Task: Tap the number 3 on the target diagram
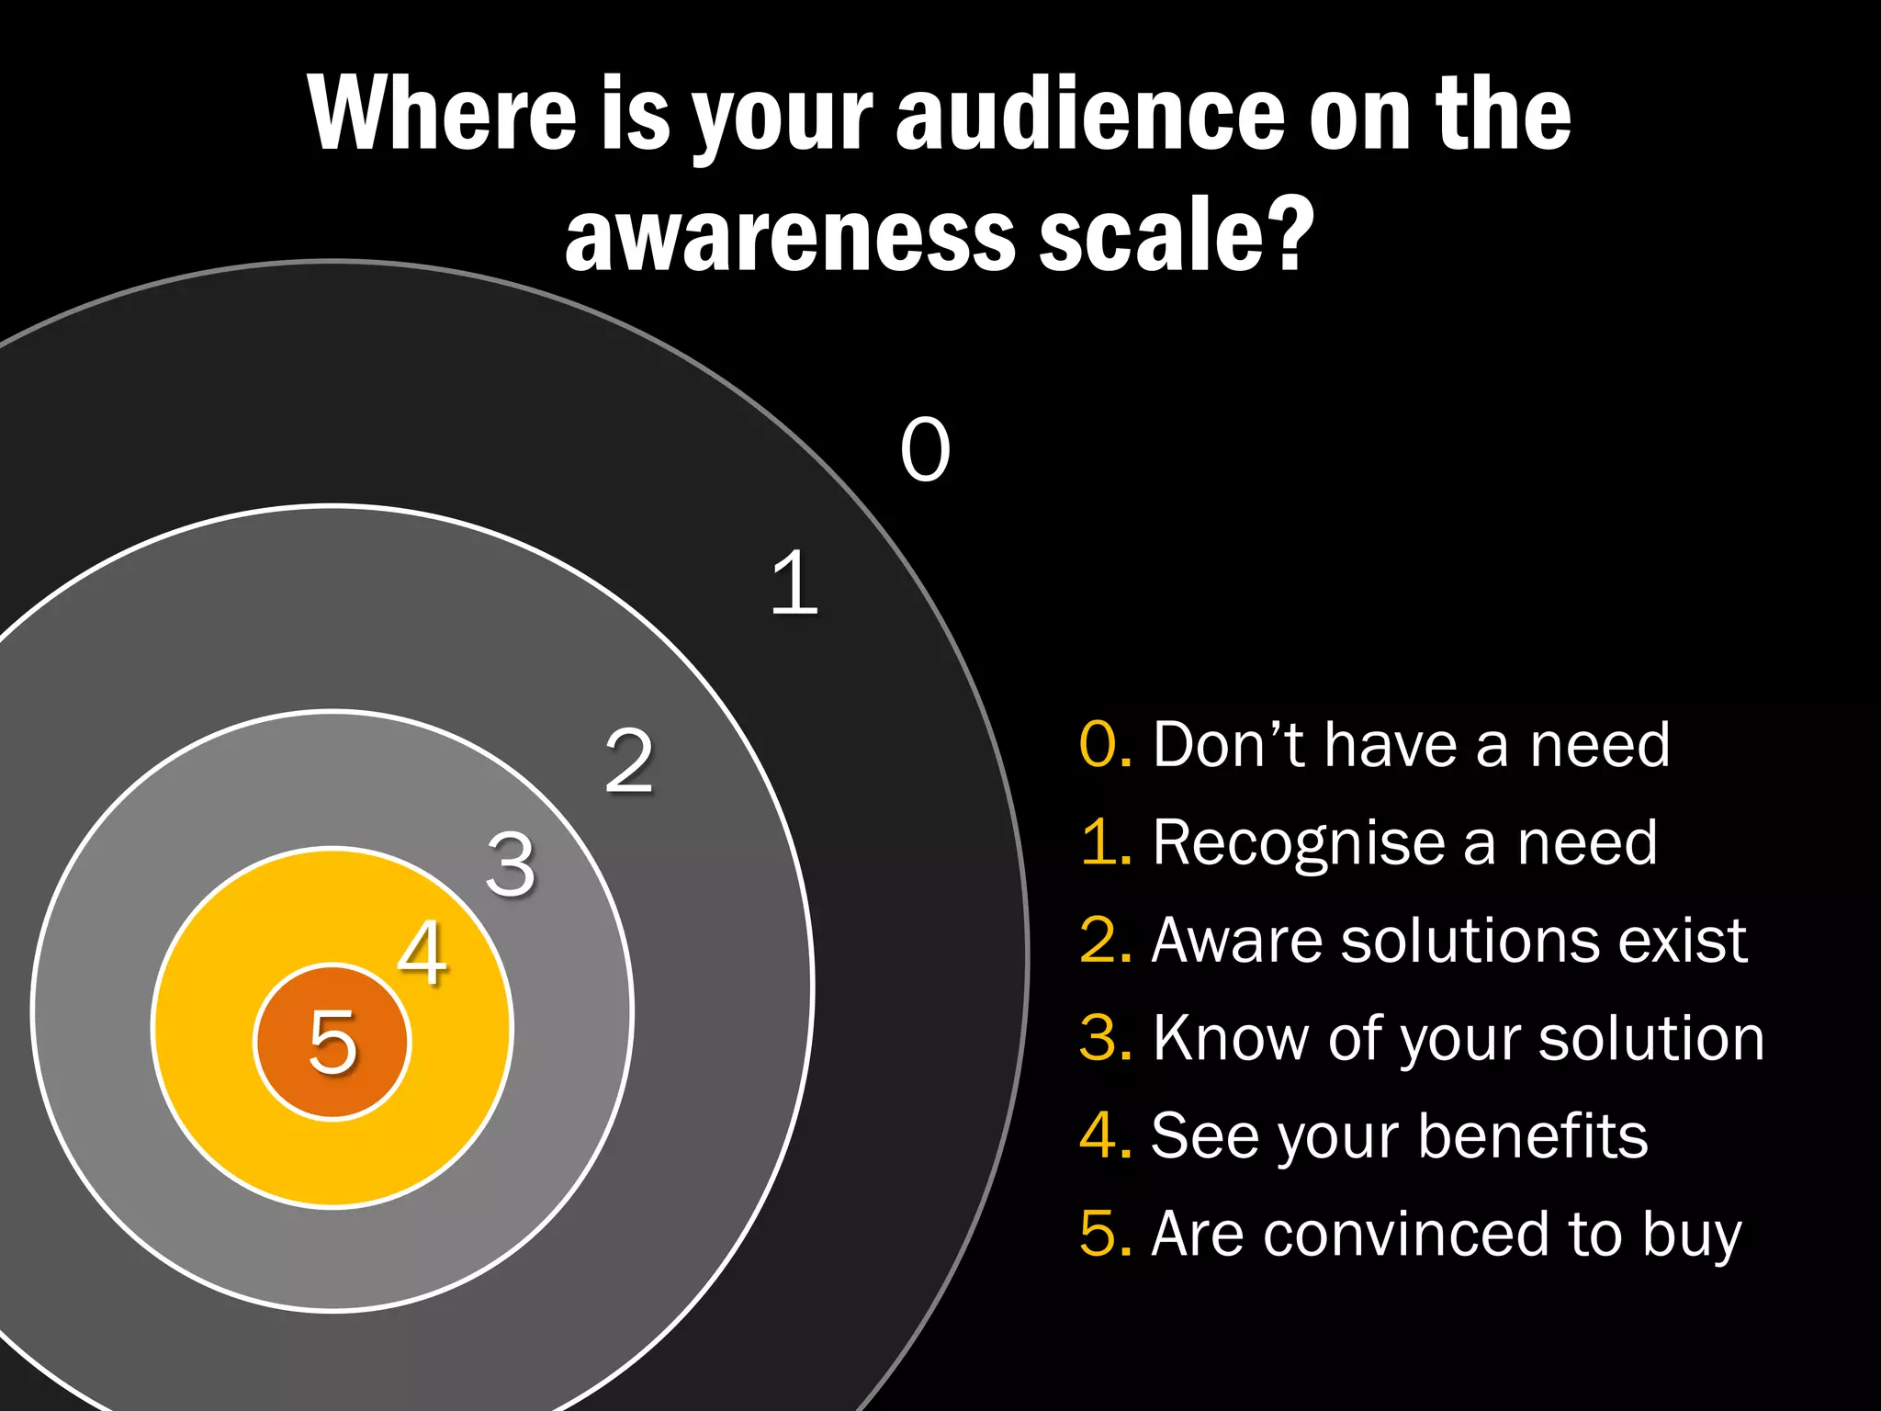tap(511, 864)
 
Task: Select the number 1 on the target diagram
tap(794, 582)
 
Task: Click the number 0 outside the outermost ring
tap(925, 449)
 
